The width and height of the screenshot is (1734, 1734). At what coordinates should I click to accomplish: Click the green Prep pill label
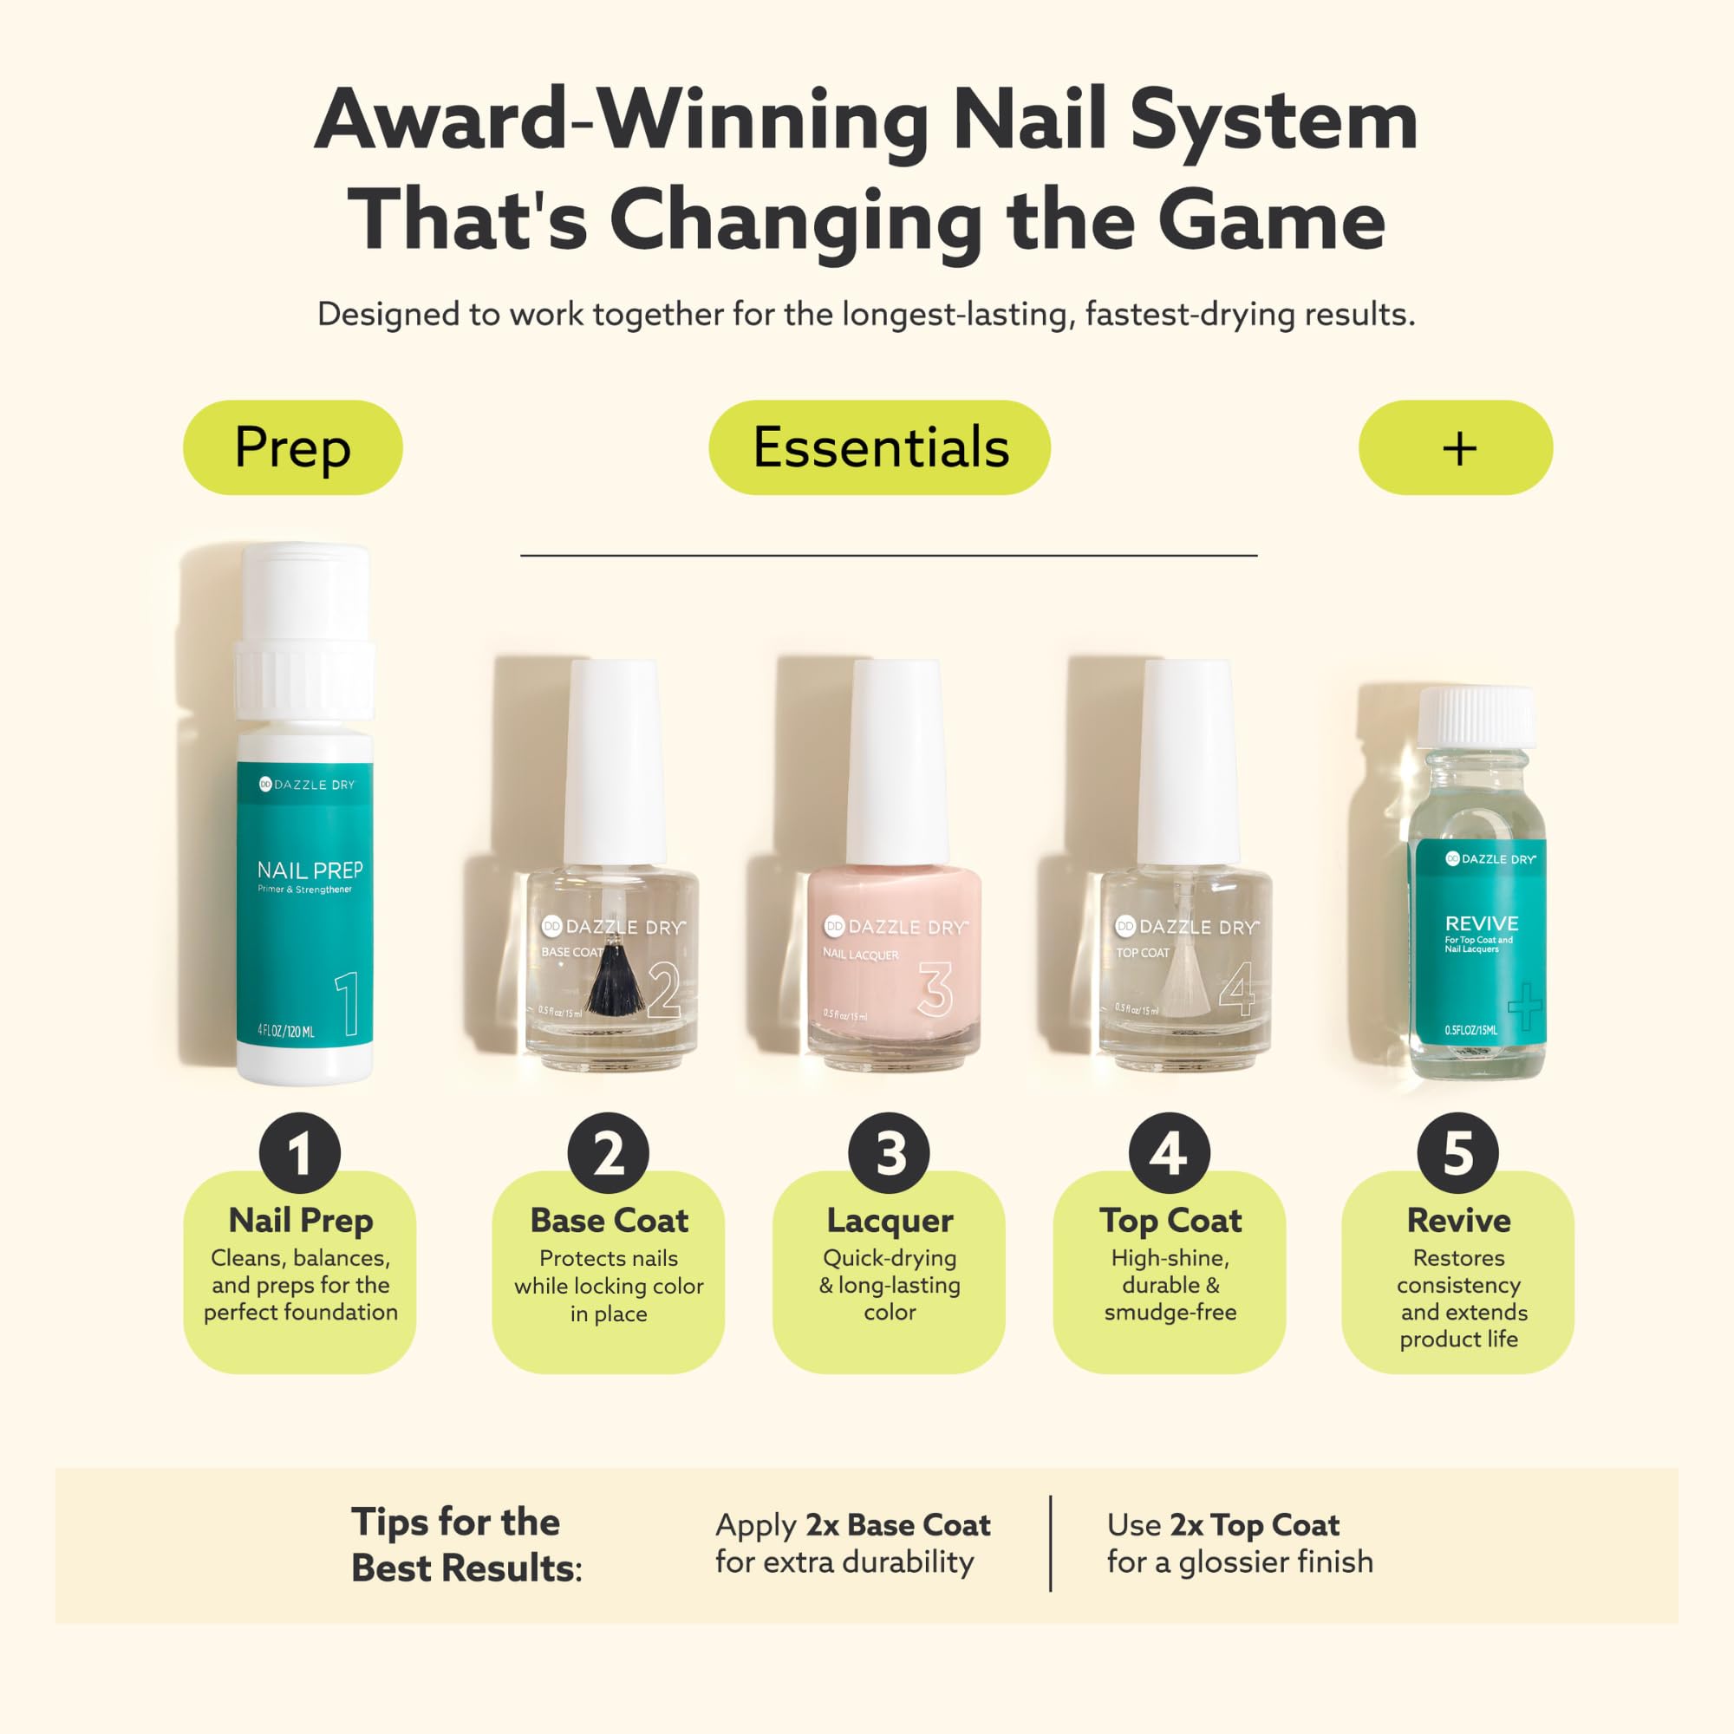tap(292, 447)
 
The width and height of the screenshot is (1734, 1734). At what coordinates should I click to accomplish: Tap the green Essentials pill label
tap(879, 447)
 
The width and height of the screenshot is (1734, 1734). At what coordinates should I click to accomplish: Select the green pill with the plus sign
tap(1455, 447)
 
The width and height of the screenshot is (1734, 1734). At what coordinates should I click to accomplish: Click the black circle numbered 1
tap(300, 1153)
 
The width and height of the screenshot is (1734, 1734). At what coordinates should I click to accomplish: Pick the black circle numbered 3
tap(890, 1153)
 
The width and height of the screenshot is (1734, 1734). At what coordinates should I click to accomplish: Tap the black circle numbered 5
tap(1457, 1153)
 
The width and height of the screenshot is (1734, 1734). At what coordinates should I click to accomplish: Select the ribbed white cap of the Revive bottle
tap(1477, 715)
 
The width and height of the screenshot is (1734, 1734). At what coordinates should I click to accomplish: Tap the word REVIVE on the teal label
tap(1481, 922)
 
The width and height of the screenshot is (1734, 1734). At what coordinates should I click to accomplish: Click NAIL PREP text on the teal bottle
tap(310, 870)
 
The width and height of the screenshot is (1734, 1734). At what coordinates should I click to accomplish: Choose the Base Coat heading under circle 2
tap(609, 1221)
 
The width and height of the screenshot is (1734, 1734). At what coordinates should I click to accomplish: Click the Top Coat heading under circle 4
tap(1170, 1221)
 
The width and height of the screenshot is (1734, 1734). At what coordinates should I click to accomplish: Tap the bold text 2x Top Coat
tap(1254, 1525)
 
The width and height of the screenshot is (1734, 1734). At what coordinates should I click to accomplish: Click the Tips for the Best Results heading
tap(465, 1545)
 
